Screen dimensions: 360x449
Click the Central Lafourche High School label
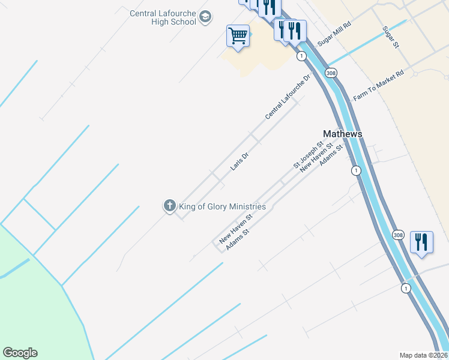pos(163,17)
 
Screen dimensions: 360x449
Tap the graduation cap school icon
pos(205,17)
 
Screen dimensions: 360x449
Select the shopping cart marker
pos(238,36)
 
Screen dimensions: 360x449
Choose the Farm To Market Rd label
pos(379,85)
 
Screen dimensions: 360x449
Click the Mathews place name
pos(343,134)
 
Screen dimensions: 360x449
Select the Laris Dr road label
pos(239,160)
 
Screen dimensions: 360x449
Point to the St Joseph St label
pos(308,154)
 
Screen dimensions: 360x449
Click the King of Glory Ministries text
pos(222,206)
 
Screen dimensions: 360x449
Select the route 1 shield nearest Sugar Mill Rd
pos(301,56)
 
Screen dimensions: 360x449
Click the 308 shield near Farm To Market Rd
pos(331,73)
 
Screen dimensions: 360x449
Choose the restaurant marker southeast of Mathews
pos(421,243)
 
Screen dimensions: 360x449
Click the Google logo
pos(20,353)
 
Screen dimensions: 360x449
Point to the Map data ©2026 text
pos(423,355)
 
